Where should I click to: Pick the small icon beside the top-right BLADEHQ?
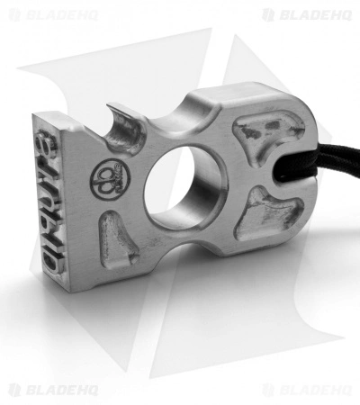pos(268,14)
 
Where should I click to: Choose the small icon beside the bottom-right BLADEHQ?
pos(268,390)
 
